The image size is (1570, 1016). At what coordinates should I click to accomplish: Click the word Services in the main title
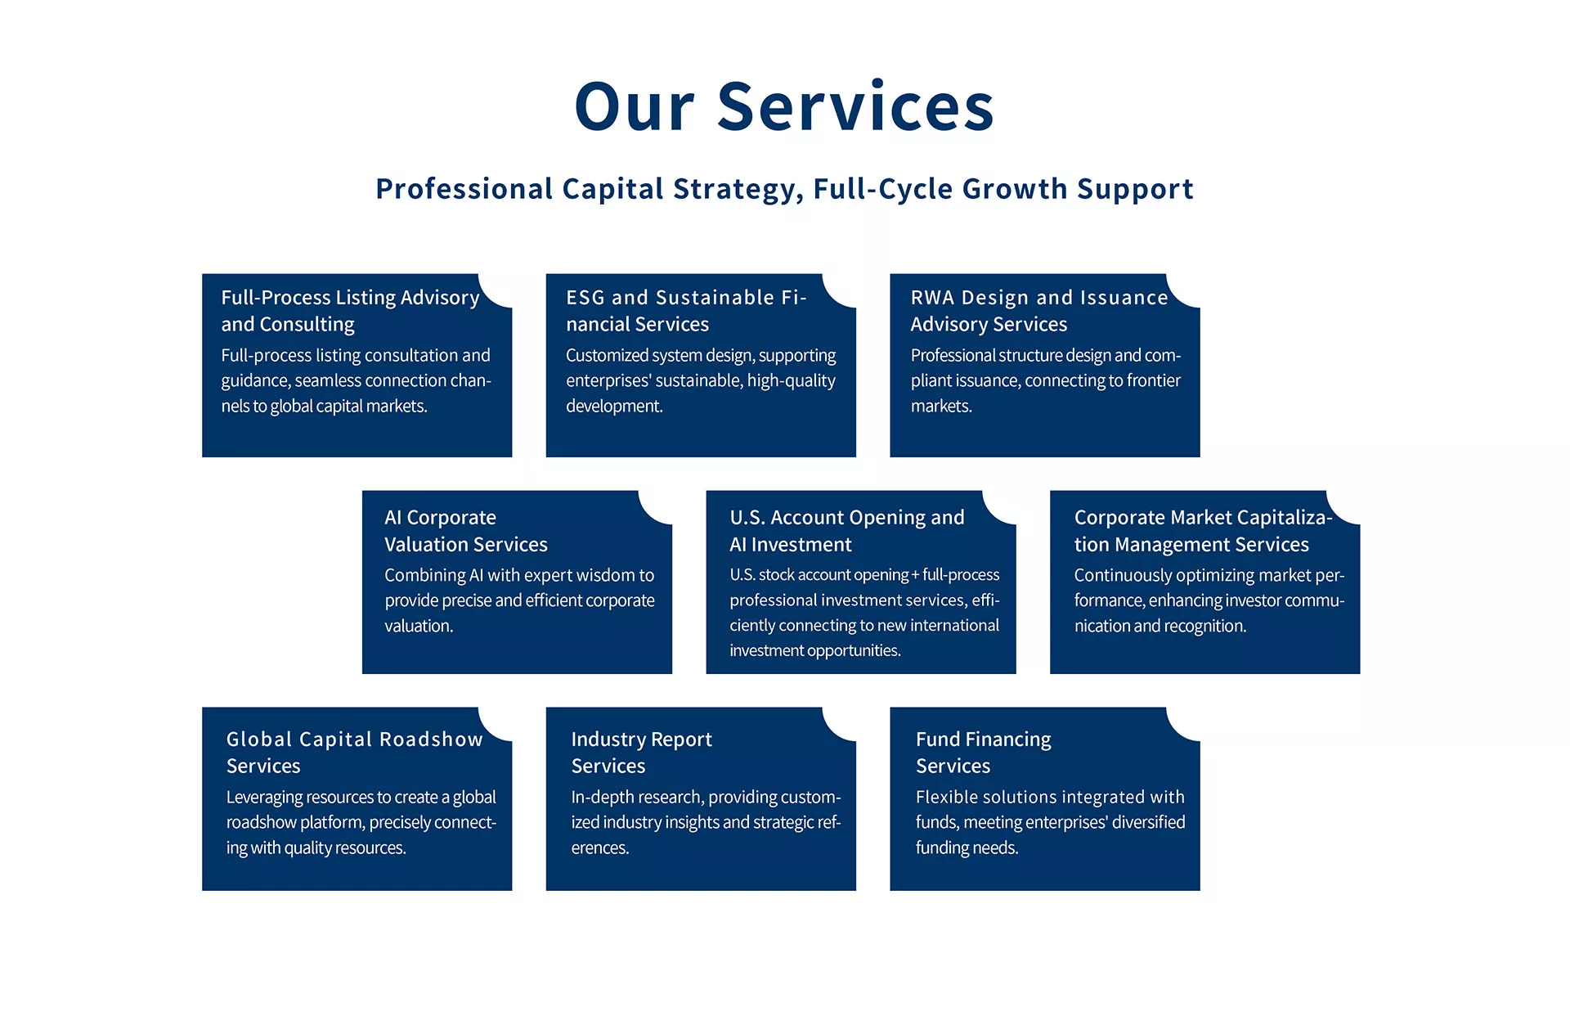pos(855,106)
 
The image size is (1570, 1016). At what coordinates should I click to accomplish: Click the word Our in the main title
pos(635,106)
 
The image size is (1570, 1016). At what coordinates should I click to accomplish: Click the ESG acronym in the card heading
pos(585,297)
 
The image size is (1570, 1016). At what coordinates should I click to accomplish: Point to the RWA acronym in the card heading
pos(932,297)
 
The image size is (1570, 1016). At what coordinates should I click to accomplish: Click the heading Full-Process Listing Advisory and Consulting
pos(350,311)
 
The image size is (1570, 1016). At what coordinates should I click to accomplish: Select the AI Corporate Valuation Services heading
pos(466,531)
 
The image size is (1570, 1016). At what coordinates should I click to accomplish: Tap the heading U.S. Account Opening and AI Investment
pos(847,531)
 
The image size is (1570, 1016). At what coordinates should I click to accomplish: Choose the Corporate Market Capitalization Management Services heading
pos(1204,531)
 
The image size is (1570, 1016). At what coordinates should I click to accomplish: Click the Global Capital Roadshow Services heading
pos(355,753)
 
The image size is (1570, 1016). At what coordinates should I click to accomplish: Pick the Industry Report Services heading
pos(642,753)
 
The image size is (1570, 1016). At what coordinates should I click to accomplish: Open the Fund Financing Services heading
pos(984,753)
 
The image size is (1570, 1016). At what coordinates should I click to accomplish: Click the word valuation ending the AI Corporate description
pos(419,626)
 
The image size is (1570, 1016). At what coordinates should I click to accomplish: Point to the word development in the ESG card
pos(614,407)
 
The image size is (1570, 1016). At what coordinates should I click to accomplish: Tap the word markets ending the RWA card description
pos(941,406)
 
